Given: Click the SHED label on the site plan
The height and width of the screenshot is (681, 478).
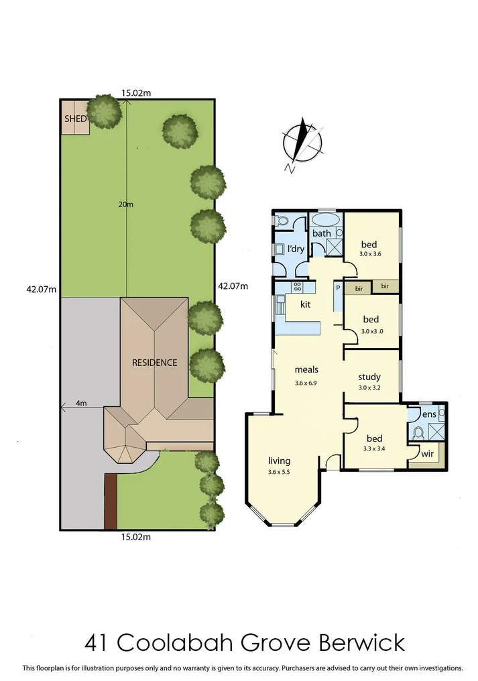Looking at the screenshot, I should (x=75, y=119).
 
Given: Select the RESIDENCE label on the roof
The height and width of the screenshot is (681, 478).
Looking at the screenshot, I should (x=154, y=363).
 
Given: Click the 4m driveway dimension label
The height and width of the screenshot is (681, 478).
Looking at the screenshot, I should (x=81, y=403).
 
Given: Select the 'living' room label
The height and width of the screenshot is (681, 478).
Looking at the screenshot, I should (x=279, y=460).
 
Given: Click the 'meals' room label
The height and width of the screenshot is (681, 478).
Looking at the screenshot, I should (x=306, y=369).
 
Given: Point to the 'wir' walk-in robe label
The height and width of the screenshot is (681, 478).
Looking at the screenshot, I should (x=426, y=454).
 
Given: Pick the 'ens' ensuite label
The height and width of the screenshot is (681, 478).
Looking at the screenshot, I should (x=430, y=415).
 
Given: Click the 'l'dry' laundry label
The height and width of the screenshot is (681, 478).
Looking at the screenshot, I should (x=296, y=249).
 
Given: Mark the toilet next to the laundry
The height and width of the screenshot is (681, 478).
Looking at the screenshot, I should (x=282, y=221).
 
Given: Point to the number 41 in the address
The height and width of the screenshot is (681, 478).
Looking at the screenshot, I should (x=98, y=643).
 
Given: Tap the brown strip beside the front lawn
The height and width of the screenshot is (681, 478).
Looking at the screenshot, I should (x=110, y=501).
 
